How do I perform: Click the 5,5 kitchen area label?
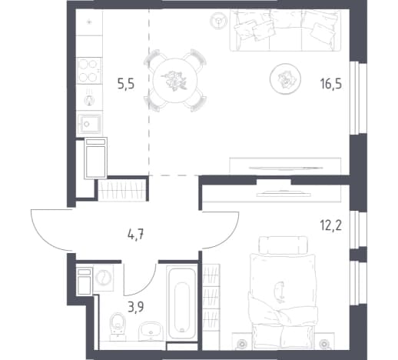tap(126, 84)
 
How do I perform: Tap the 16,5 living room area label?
tap(331, 84)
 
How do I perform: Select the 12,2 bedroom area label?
tap(330, 225)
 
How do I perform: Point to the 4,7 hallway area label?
tap(136, 235)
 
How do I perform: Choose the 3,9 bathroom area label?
tap(136, 307)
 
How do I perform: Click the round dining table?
tap(175, 80)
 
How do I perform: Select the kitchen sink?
tap(89, 124)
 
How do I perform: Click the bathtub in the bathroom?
tap(182, 303)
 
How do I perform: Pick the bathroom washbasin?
tap(151, 332)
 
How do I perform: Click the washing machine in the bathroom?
tap(104, 278)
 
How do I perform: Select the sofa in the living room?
tap(285, 30)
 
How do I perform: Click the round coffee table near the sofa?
tap(285, 78)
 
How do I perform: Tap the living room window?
tap(358, 98)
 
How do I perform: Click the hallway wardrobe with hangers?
tap(122, 190)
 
